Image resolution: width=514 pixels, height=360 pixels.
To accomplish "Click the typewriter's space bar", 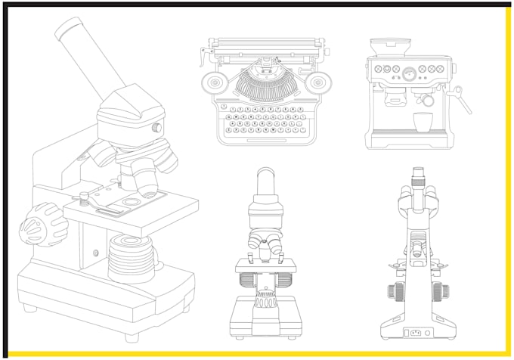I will point(262,141).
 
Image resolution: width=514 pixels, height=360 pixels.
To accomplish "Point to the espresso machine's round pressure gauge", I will point(409,73).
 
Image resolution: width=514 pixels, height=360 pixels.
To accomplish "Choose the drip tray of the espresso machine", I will point(410,140).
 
